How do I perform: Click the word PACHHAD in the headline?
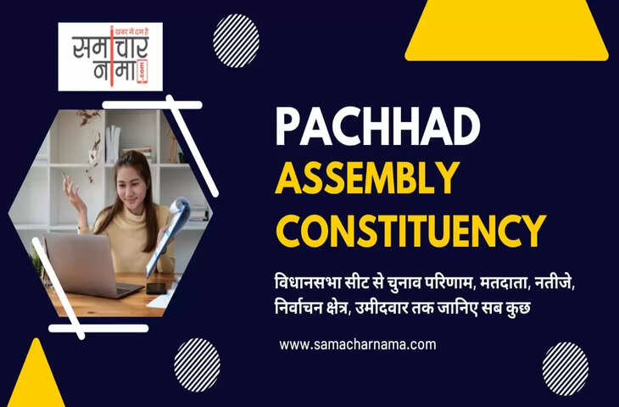coord(376,126)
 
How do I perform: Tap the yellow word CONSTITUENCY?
coord(410,229)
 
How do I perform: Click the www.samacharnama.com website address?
coord(357,345)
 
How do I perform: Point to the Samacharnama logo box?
coord(110,56)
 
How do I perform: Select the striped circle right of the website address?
coord(565,368)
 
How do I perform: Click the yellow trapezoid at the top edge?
coord(506,30)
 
